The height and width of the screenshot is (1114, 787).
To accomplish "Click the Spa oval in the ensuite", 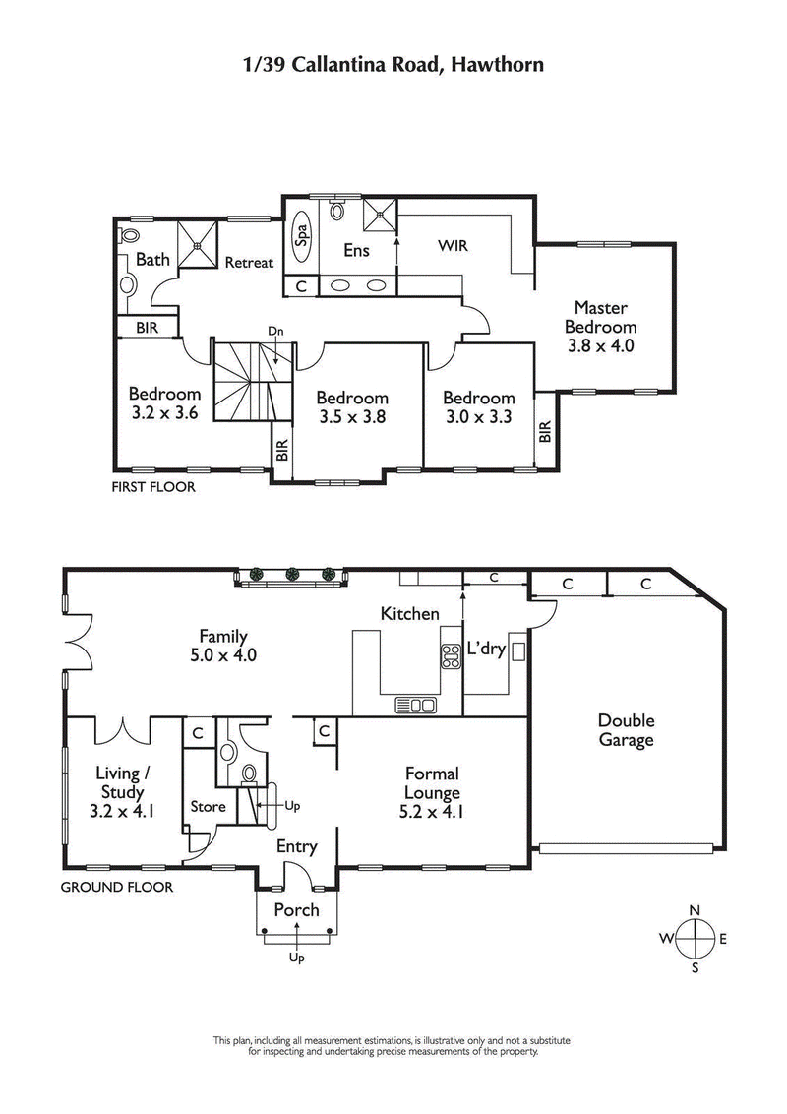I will click(302, 235).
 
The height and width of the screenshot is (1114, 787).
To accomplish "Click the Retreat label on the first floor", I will click(249, 263).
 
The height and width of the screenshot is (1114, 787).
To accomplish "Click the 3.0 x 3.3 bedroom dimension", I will click(478, 416).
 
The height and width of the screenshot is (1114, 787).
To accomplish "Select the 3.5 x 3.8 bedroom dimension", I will click(351, 416).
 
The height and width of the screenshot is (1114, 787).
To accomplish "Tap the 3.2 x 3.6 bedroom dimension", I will click(164, 413).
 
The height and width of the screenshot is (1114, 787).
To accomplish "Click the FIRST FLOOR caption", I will click(153, 487).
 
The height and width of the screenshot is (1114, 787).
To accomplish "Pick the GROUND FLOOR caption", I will click(117, 887).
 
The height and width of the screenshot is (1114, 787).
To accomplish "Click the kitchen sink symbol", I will click(415, 704).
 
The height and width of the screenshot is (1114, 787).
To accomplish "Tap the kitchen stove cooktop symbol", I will click(452, 656).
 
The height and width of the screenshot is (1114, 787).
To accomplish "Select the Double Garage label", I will click(626, 730).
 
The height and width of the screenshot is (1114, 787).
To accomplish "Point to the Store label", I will click(208, 807).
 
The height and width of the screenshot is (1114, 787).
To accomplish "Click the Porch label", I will click(296, 910).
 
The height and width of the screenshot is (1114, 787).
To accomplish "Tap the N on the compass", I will click(696, 910).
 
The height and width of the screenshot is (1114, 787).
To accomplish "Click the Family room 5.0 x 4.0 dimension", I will click(223, 654).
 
